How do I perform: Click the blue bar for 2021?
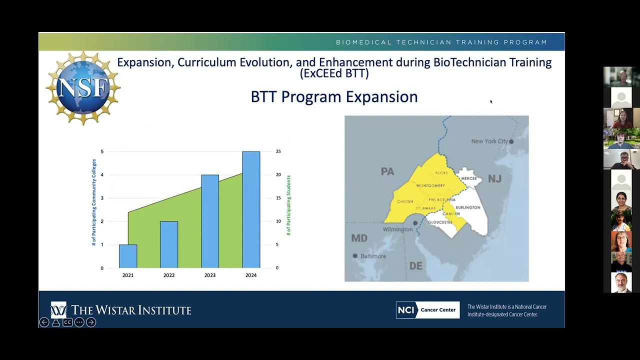[x=128, y=256]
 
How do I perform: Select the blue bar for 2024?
[x=251, y=209]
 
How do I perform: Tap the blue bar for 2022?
[x=169, y=244]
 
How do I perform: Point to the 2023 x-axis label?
[x=210, y=275]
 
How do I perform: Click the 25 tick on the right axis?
[x=278, y=151]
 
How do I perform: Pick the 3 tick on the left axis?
[x=102, y=198]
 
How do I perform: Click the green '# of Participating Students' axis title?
[x=288, y=205]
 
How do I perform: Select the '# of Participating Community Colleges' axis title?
[x=94, y=202]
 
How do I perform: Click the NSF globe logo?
[x=83, y=88]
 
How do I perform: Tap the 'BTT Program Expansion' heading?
[x=334, y=96]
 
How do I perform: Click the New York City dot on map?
[x=511, y=141]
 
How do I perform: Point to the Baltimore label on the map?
[x=373, y=256]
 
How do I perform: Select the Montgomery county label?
[x=430, y=185]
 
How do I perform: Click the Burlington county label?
[x=468, y=207]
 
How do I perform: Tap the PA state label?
[x=387, y=171]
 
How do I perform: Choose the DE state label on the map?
[x=416, y=265]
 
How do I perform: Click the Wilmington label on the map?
[x=397, y=229]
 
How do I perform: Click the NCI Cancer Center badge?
[x=427, y=310]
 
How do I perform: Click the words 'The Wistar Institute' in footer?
[x=131, y=310]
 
